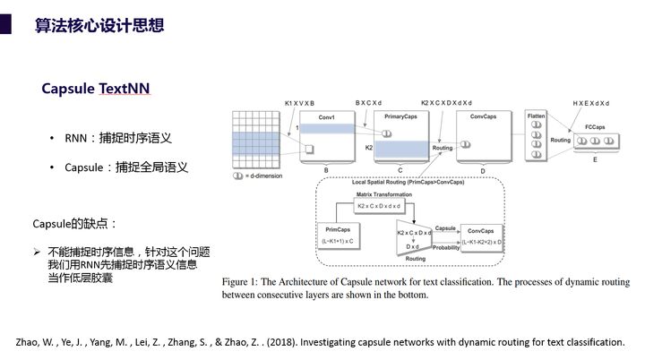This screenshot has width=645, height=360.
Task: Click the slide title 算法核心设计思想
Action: pyautogui.click(x=99, y=25)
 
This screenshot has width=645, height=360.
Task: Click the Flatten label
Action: pyautogui.click(x=536, y=116)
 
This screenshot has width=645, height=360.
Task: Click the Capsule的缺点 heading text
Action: pyautogui.click(x=75, y=222)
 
